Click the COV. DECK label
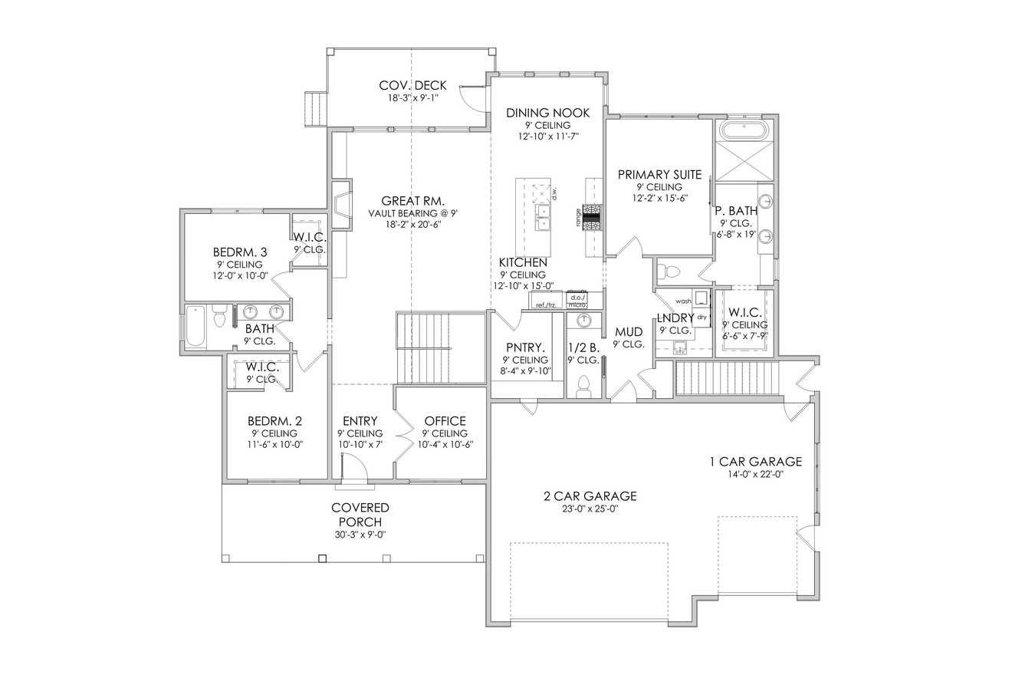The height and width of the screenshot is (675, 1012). pyautogui.click(x=412, y=85)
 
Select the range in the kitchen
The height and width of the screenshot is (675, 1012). pyautogui.click(x=592, y=217)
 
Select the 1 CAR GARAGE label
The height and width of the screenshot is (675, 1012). pyautogui.click(x=755, y=462)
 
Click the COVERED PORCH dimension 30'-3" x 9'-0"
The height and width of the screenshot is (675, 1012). pyautogui.click(x=360, y=535)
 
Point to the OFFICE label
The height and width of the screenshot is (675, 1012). pyautogui.click(x=445, y=421)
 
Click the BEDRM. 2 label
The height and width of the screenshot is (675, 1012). pyautogui.click(x=274, y=421)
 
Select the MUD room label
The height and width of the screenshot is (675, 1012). pyautogui.click(x=629, y=332)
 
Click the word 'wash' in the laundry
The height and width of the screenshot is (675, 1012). pyautogui.click(x=683, y=301)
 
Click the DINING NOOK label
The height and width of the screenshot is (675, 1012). pyautogui.click(x=547, y=113)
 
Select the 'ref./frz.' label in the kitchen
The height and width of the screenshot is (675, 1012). pyautogui.click(x=545, y=305)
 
